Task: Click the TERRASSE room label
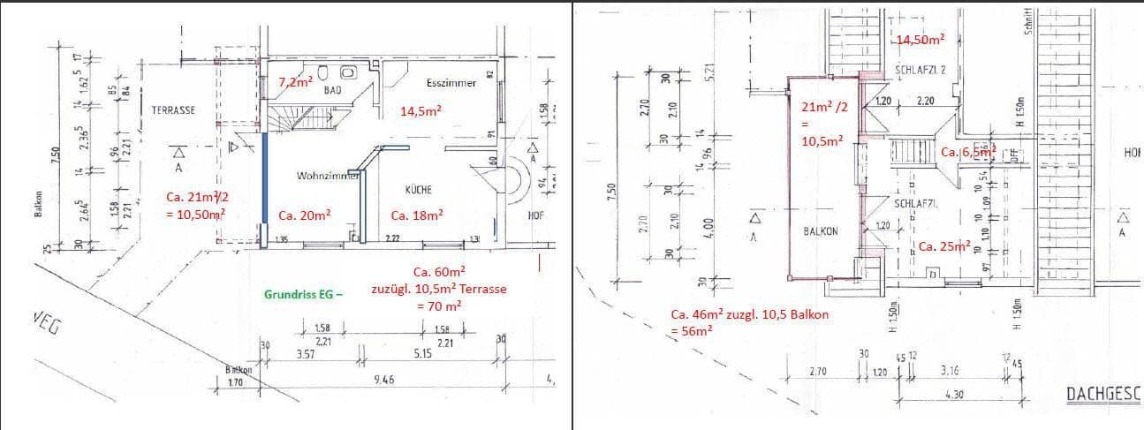pyautogui.click(x=173, y=110)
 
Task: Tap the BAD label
pyautogui.click(x=332, y=89)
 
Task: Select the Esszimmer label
pyautogui.click(x=451, y=83)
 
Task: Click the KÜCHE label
pyautogui.click(x=418, y=190)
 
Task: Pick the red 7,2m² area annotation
pyautogui.click(x=295, y=82)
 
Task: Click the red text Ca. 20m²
pyautogui.click(x=304, y=215)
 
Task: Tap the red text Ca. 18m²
pyautogui.click(x=417, y=215)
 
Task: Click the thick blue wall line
pyautogui.click(x=266, y=185)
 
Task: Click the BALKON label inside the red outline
pyautogui.click(x=821, y=230)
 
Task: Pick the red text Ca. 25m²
pyautogui.click(x=944, y=245)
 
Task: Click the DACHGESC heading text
pyautogui.click(x=1104, y=393)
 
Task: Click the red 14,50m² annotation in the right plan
pyautogui.click(x=920, y=40)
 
